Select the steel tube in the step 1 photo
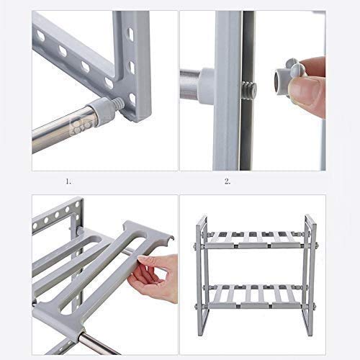61,130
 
